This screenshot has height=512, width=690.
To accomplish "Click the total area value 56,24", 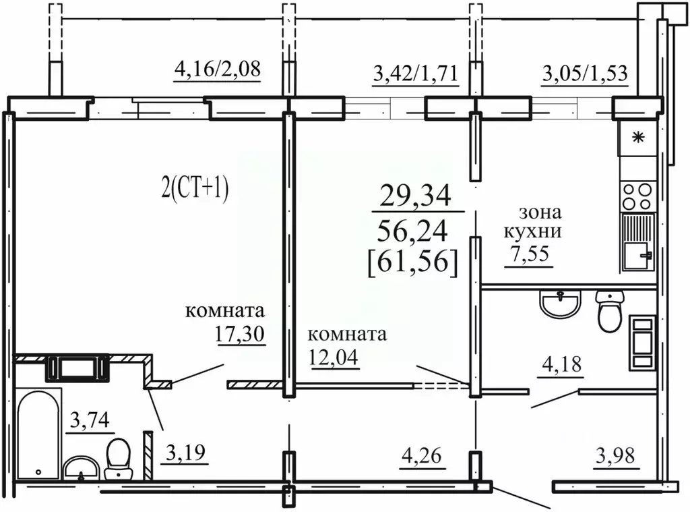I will (414, 231).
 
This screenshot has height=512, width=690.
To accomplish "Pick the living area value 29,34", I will (414, 197).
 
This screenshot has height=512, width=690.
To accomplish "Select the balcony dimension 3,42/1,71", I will (416, 72).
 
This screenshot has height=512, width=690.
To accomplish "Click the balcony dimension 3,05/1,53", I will (586, 72).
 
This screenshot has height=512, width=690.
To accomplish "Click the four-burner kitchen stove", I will (637, 196).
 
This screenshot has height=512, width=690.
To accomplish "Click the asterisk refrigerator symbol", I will (637, 139).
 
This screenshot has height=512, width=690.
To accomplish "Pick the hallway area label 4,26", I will (421, 457).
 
